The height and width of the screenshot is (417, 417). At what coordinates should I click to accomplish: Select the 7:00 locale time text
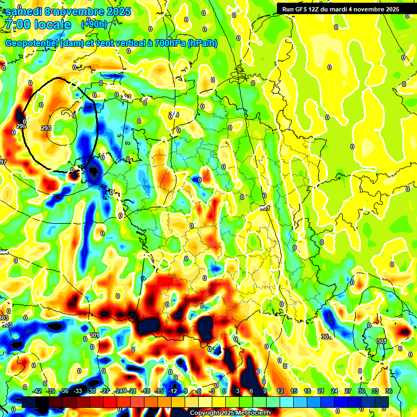click(x=37, y=24)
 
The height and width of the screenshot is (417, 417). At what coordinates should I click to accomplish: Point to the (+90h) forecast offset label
click(x=93, y=24)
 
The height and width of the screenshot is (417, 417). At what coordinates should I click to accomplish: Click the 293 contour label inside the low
click(x=46, y=128)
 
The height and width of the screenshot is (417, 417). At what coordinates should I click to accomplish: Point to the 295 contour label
click(x=21, y=127)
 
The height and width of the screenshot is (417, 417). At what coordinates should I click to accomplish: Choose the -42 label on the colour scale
click(x=37, y=391)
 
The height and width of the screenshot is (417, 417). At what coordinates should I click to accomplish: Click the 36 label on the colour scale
click(x=389, y=391)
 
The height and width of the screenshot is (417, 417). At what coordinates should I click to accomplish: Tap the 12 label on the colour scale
click(x=280, y=391)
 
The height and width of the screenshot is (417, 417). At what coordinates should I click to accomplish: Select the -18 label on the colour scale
click(x=146, y=391)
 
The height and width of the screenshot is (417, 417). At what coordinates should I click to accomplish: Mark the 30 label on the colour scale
click(x=362, y=391)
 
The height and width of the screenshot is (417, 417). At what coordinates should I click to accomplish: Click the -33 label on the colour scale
click(x=78, y=391)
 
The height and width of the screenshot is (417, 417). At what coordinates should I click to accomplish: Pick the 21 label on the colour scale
click(x=321, y=391)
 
